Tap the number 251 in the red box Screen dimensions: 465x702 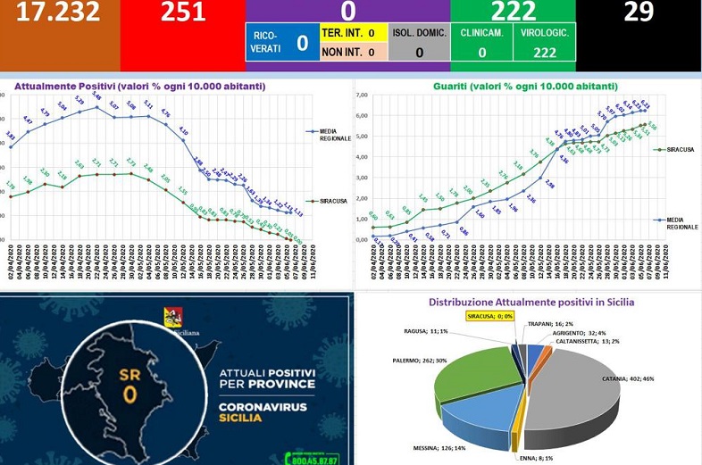pyautogui.click(x=183, y=12)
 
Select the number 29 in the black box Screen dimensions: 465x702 pyautogui.click(x=639, y=12)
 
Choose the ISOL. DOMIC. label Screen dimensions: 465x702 pyautogui.click(x=418, y=32)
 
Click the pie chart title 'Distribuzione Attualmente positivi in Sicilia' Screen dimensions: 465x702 pyautogui.click(x=531, y=302)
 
